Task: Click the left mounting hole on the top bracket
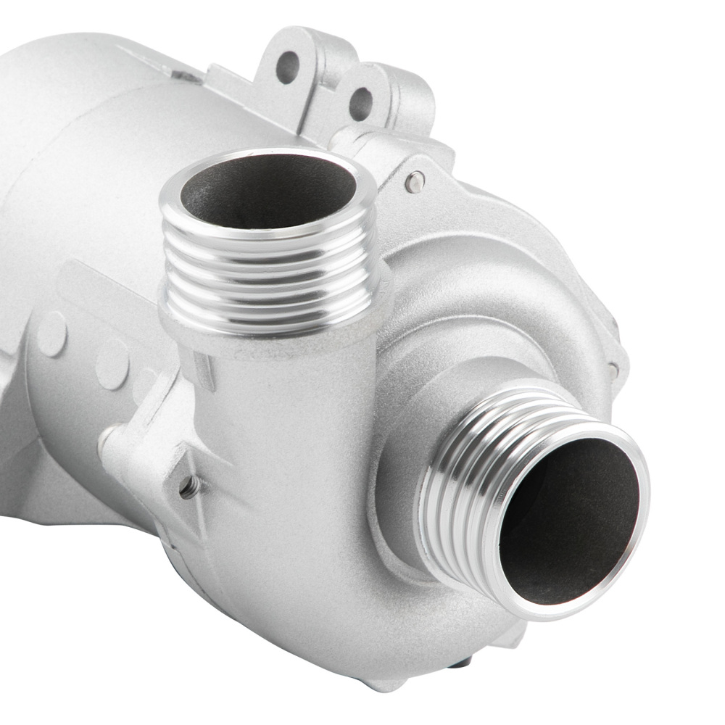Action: click(287, 67)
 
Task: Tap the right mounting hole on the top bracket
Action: click(360, 103)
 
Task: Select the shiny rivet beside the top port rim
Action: click(415, 182)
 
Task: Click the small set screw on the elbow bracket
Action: click(190, 486)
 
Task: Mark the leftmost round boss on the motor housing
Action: click(51, 333)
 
